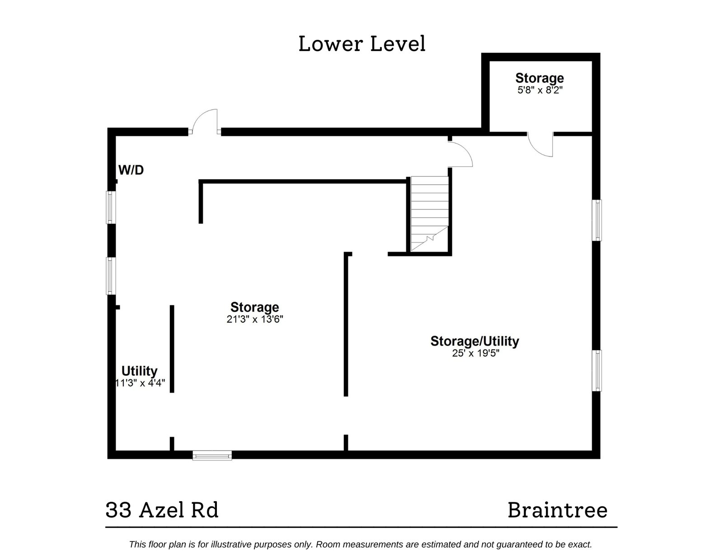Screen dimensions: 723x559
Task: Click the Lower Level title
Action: pos(362,44)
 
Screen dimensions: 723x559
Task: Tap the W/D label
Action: pos(131,170)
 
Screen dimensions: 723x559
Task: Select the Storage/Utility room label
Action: pos(474,341)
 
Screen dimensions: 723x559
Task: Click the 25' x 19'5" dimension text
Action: pos(475,353)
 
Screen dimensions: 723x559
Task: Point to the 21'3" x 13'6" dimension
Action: pos(254,319)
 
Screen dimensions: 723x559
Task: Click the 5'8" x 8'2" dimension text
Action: pos(540,90)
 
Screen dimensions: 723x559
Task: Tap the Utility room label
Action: pos(139,371)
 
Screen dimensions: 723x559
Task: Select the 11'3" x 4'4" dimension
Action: pos(140,383)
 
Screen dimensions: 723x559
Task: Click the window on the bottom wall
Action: pos(212,455)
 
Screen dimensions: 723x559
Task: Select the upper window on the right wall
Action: pos(597,220)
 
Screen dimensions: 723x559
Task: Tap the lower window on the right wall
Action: pos(597,370)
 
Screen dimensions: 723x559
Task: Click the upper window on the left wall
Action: pos(110,207)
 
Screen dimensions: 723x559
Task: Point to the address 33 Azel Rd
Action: pos(162,510)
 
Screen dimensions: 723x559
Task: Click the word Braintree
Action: pos(557,510)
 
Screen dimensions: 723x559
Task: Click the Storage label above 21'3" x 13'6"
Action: pos(254,308)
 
